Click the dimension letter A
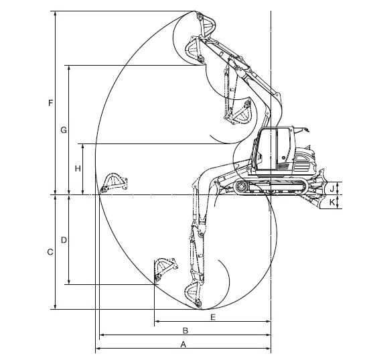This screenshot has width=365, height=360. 184,344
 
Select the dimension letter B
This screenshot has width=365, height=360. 186,331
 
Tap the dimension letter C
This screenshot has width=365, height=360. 50,252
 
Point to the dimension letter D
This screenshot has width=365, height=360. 64,240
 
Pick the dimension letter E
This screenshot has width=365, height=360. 213,317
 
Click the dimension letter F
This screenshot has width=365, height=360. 50,103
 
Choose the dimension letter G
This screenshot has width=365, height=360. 64,130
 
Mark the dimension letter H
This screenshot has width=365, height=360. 78,168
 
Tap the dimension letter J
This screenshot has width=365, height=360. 332,188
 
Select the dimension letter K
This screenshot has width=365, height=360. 332,202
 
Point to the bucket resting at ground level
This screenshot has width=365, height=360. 114,183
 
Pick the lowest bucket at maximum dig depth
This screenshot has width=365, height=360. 193,295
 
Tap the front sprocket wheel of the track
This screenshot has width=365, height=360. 240,186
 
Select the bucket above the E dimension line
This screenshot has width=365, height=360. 165,271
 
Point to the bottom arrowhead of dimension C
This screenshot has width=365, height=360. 55,307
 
